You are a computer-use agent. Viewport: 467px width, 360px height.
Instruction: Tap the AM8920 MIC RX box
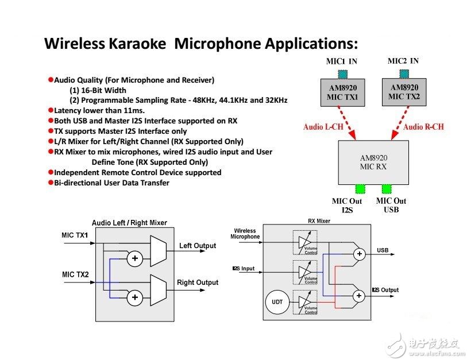[x=373, y=162]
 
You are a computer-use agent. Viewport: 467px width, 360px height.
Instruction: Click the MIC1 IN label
[x=341, y=61]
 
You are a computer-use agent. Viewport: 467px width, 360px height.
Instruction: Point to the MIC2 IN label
[x=403, y=61]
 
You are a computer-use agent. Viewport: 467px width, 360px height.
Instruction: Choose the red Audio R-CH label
[x=423, y=126]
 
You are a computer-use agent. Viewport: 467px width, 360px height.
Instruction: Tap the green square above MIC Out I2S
[x=360, y=188]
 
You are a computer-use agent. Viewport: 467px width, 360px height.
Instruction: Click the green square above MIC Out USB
[x=387, y=188]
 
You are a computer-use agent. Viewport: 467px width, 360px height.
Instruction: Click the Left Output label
[x=198, y=246]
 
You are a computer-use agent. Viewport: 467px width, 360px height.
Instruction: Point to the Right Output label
[x=198, y=282]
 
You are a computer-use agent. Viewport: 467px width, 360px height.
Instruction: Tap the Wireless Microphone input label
[x=245, y=234]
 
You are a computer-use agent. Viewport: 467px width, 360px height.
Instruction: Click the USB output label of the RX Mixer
[x=383, y=250]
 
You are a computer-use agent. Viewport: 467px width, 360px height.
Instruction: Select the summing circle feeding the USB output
[x=360, y=253]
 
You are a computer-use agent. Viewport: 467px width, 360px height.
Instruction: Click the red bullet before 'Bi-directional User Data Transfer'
[x=51, y=183]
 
